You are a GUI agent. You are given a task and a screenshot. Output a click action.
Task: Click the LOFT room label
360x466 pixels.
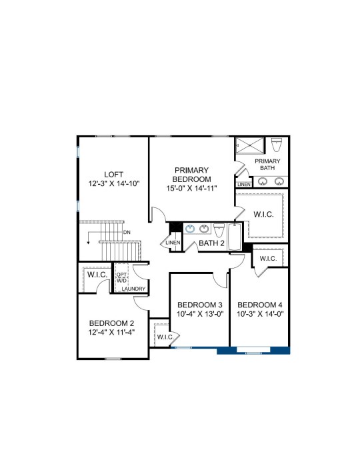(x=113, y=175)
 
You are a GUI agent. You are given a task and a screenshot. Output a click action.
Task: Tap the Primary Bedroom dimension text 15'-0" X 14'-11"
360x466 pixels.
(x=191, y=188)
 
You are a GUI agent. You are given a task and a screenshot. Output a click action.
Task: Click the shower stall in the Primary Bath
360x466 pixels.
(x=250, y=145)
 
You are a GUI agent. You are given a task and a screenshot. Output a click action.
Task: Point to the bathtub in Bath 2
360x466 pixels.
(x=235, y=237)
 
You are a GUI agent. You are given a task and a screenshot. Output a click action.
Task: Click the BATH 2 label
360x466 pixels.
(x=211, y=243)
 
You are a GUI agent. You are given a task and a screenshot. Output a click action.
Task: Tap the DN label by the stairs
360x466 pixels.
(x=127, y=233)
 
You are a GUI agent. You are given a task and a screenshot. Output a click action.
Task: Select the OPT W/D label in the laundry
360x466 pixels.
(x=121, y=277)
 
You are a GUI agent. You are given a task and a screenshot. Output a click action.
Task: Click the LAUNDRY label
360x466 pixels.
(x=133, y=289)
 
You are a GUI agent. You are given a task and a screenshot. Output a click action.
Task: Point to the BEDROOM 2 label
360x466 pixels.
(x=111, y=323)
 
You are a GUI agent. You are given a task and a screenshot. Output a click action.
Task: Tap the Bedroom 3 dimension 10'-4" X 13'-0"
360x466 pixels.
(x=200, y=314)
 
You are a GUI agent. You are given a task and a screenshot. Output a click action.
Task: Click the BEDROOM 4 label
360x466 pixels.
(x=260, y=305)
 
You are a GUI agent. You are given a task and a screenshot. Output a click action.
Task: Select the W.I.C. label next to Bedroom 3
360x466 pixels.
(x=165, y=337)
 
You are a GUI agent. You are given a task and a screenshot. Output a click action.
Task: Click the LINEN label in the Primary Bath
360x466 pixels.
(x=244, y=185)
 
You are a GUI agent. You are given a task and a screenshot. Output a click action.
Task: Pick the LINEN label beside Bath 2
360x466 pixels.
(x=173, y=243)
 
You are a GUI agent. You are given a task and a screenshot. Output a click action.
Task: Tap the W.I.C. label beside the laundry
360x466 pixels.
(x=97, y=275)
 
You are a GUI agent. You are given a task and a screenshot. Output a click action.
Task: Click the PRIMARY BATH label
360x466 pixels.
(x=267, y=165)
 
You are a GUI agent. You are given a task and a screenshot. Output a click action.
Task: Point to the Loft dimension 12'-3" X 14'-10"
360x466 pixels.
(x=114, y=183)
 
